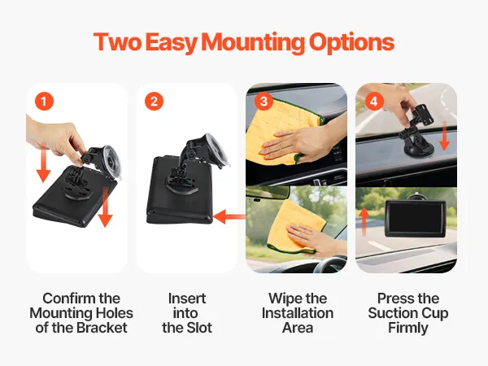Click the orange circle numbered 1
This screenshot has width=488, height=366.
[44, 101]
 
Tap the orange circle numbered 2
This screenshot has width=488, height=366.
[154, 101]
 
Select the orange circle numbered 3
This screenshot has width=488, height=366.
[264, 101]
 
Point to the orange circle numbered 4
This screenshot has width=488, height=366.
[374, 101]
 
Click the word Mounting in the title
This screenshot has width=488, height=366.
[253, 42]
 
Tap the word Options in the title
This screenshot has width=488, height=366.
[351, 42]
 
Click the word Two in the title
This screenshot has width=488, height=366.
[117, 42]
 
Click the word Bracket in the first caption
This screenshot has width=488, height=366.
[102, 328]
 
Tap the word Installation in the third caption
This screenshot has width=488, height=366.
[298, 313]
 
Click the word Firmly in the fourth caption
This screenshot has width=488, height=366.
[408, 329]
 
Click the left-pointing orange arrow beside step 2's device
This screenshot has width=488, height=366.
[229, 216]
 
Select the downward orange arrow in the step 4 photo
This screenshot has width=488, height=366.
[444, 137]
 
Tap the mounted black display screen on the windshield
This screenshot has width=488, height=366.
[416, 219]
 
